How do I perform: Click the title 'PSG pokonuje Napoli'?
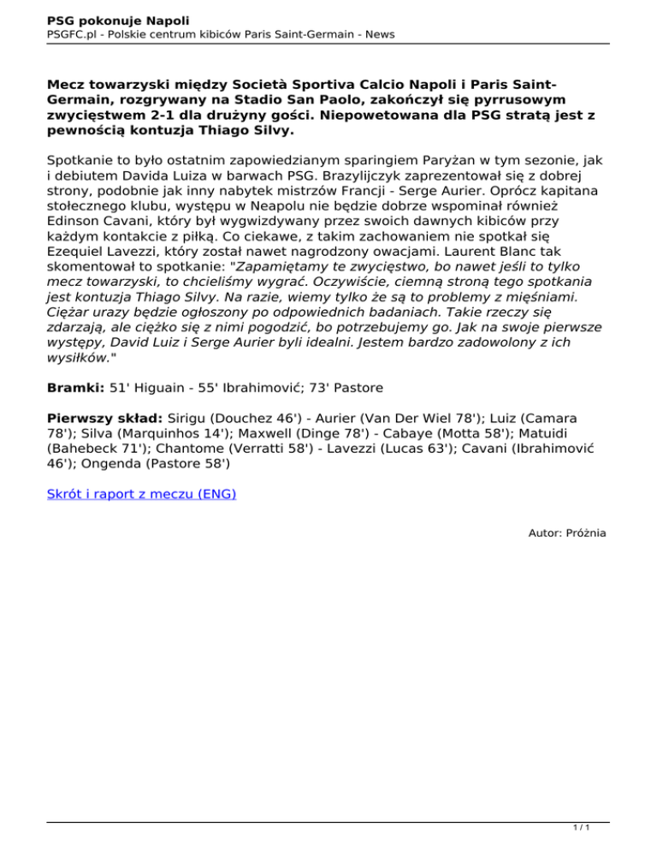click(x=118, y=19)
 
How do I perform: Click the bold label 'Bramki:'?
click(x=76, y=364)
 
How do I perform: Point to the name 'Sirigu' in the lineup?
click(x=186, y=396)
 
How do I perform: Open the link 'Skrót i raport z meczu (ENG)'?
click(x=142, y=494)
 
